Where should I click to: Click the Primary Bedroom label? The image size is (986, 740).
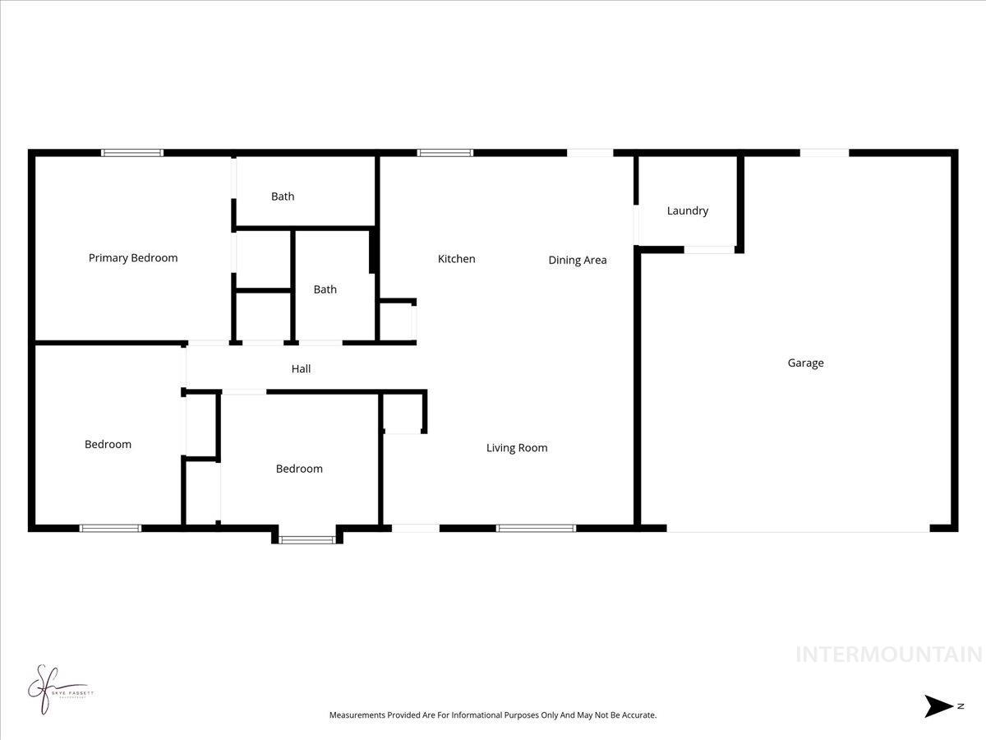(x=133, y=258)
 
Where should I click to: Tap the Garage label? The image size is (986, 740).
(x=805, y=363)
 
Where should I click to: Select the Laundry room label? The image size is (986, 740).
(x=687, y=210)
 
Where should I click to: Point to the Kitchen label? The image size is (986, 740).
(x=456, y=259)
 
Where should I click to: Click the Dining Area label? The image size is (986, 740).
(x=578, y=261)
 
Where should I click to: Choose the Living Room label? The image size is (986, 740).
(x=517, y=448)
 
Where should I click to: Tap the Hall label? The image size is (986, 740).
(x=301, y=369)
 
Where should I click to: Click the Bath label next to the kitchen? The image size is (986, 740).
(x=325, y=289)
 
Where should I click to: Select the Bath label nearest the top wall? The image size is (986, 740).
(x=283, y=197)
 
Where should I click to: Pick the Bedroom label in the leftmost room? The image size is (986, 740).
(x=108, y=445)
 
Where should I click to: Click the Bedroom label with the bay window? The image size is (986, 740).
(x=299, y=469)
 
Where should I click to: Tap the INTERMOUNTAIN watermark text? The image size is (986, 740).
(x=889, y=654)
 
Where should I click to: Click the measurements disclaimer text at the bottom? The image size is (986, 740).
(x=493, y=715)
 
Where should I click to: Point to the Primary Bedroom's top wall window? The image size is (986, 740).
(x=132, y=153)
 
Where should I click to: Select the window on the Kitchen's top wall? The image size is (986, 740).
(x=445, y=153)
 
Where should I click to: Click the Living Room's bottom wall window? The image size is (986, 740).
(x=536, y=528)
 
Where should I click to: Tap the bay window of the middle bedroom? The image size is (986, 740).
(x=307, y=539)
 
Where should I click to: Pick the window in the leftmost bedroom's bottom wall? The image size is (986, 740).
(x=110, y=528)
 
